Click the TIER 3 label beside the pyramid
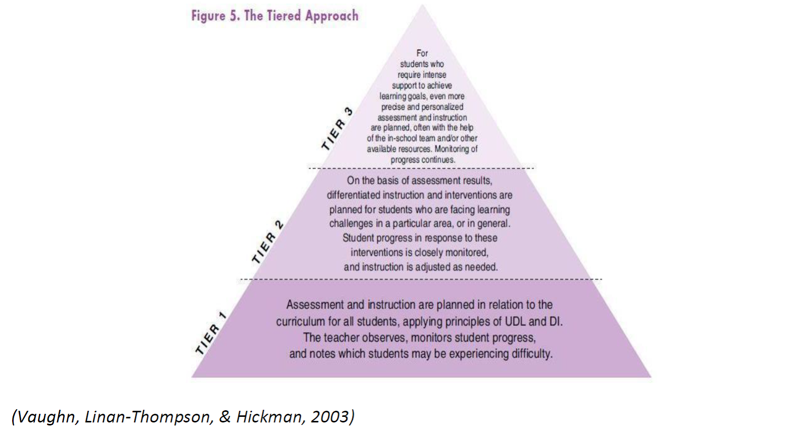337,129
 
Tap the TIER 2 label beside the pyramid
267,242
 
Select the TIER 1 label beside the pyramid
210,333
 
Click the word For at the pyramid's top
422,53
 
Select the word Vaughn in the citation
46,416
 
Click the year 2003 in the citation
332,416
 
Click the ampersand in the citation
224,417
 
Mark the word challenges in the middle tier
351,223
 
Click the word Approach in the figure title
332,16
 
